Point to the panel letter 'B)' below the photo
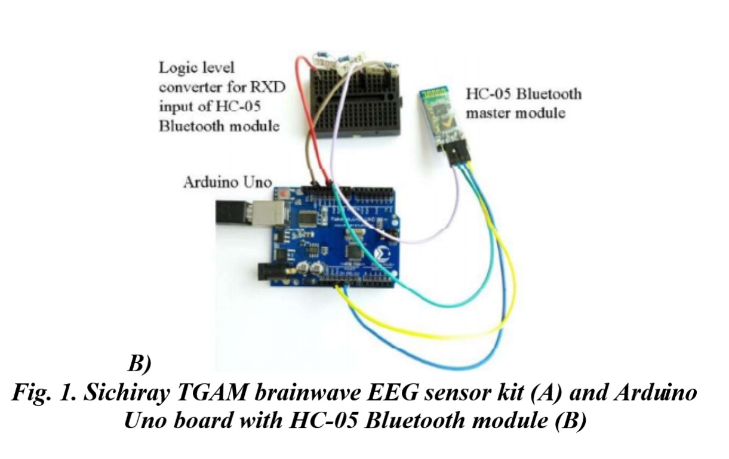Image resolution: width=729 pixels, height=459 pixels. (140, 363)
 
